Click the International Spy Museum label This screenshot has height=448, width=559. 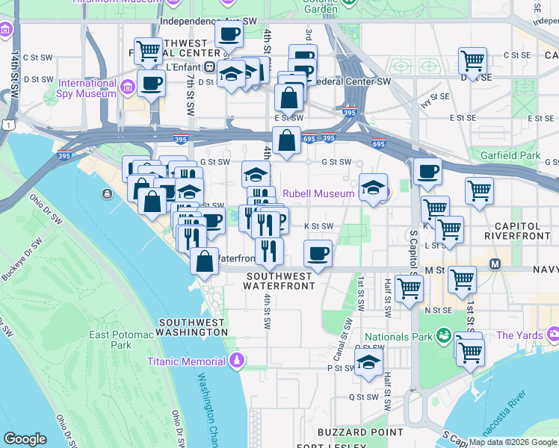tap(87, 88)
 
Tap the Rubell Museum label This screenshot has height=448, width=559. tap(318, 193)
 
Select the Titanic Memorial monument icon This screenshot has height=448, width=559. tap(237, 361)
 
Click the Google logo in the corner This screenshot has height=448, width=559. tap(25, 439)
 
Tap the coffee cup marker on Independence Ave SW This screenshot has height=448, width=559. tap(229, 34)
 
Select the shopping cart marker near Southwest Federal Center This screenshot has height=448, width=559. tap(148, 52)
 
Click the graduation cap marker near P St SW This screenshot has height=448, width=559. tap(368, 363)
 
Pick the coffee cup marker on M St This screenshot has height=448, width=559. tap(318, 253)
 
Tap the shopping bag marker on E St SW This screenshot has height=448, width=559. tap(288, 97)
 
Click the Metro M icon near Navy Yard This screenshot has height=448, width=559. tap(494, 264)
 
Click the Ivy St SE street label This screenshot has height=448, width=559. tap(436, 100)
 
